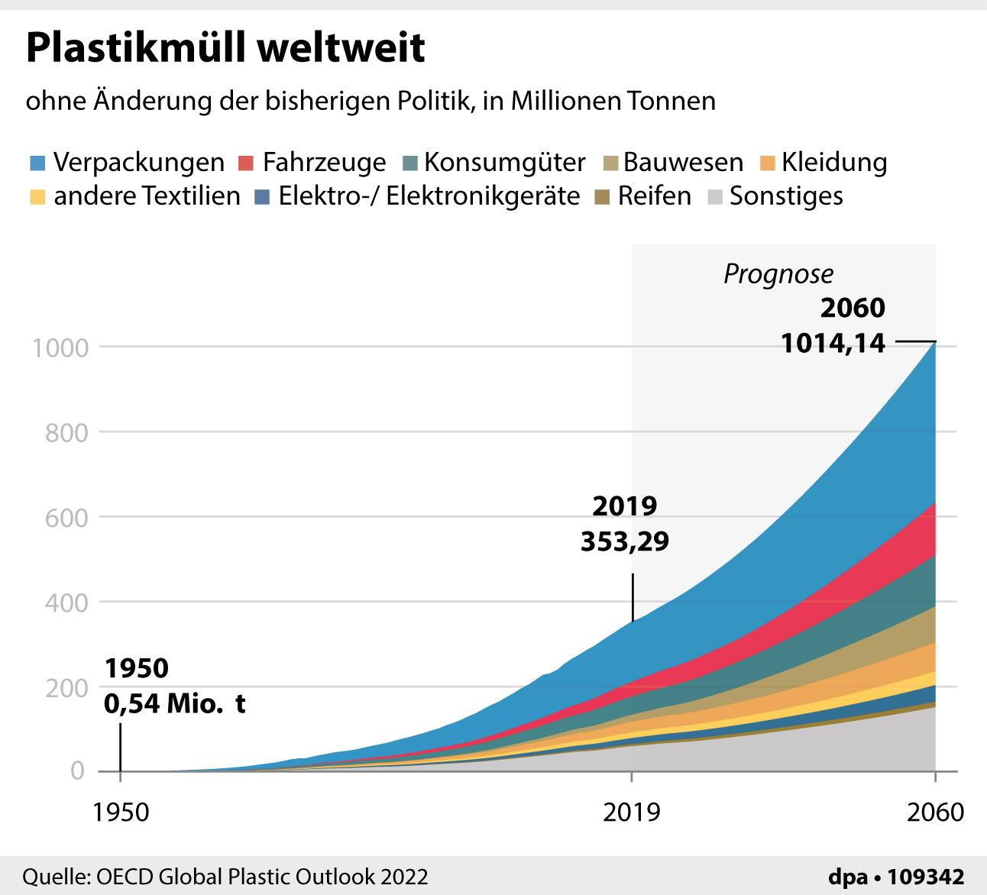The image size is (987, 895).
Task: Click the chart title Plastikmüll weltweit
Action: pyautogui.click(x=225, y=47)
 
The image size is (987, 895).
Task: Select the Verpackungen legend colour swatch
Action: pyautogui.click(x=38, y=163)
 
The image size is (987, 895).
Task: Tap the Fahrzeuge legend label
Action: pyautogui.click(x=324, y=163)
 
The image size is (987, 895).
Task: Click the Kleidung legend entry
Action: pyautogui.click(x=834, y=163)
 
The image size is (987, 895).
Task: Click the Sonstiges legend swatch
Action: pyautogui.click(x=715, y=197)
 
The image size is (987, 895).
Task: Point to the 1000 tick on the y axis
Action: pyautogui.click(x=58, y=347)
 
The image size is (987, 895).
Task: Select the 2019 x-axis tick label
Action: pyautogui.click(x=631, y=812)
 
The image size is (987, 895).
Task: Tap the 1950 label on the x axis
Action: pyautogui.click(x=121, y=812)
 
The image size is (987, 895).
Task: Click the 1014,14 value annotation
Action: pyautogui.click(x=833, y=343)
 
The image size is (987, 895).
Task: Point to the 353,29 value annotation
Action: pyautogui.click(x=625, y=541)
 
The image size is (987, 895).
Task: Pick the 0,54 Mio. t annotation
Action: pyautogui.click(x=175, y=703)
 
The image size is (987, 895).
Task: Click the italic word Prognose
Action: pyautogui.click(x=778, y=273)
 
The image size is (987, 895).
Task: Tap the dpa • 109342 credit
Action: pyautogui.click(x=896, y=877)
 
